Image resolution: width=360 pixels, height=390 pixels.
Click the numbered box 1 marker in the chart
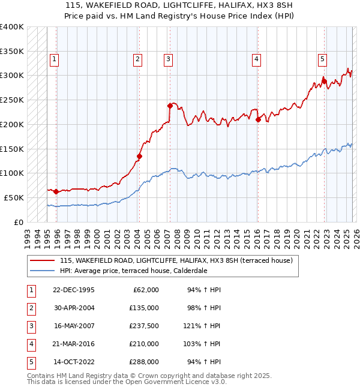pos(54,59)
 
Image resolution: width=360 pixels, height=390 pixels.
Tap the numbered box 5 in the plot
pos(322,59)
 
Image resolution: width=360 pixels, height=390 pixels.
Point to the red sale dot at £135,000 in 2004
pos(139,157)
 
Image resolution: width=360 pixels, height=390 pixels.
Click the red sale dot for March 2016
pos(258,119)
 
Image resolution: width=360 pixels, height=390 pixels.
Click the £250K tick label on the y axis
pos(12,100)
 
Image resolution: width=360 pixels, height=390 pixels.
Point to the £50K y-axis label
pos(14,197)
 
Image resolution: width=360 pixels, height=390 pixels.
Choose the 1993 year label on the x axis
pos(28,235)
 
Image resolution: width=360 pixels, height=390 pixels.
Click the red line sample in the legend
pos(42,260)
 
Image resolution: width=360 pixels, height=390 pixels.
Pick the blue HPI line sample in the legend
pos(42,271)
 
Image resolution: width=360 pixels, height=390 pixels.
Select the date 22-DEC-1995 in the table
pos(73,290)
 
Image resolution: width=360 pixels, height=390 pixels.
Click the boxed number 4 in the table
pos(29,344)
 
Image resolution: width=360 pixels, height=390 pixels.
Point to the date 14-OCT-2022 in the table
pos(73,362)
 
